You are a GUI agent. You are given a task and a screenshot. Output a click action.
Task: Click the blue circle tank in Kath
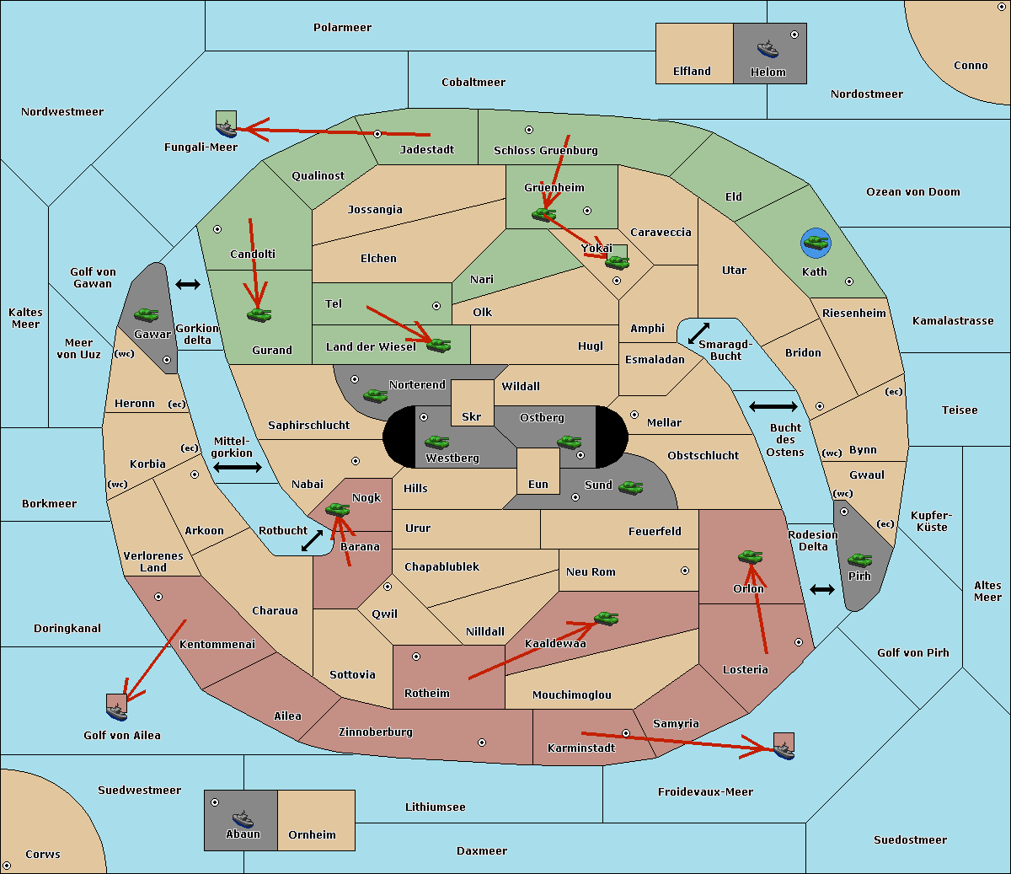pos(816,243)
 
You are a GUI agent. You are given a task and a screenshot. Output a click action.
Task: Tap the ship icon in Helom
pos(768,49)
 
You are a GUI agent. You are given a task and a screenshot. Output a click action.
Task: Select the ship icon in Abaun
pos(243,818)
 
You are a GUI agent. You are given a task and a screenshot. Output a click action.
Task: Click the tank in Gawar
pos(147,314)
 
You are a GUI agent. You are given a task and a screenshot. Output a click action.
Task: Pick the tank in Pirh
pos(859,560)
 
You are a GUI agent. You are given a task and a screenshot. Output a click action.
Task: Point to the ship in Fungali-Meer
pos(226,129)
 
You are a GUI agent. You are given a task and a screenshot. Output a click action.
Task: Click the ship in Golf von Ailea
pos(116,711)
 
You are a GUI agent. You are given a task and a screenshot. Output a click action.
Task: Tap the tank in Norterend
pos(375,395)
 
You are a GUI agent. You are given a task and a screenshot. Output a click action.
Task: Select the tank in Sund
pos(630,488)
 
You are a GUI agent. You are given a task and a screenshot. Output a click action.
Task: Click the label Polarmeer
pos(342,28)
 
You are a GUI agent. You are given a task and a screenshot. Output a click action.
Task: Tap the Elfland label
pos(692,72)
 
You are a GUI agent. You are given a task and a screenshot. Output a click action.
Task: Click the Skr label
pos(472,416)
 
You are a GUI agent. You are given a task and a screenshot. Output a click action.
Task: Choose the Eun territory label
pos(538,484)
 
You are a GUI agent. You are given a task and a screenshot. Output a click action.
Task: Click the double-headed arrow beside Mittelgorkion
pos(238,467)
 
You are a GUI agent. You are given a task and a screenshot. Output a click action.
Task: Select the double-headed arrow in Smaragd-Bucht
pos(698,333)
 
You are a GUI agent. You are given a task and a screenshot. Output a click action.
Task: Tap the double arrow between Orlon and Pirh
pos(822,589)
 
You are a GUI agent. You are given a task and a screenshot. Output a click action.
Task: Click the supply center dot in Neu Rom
pos(685,571)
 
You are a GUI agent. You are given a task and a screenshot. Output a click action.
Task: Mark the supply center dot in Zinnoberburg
pos(482,743)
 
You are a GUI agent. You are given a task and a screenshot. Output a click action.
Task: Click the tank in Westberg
pos(436,442)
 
